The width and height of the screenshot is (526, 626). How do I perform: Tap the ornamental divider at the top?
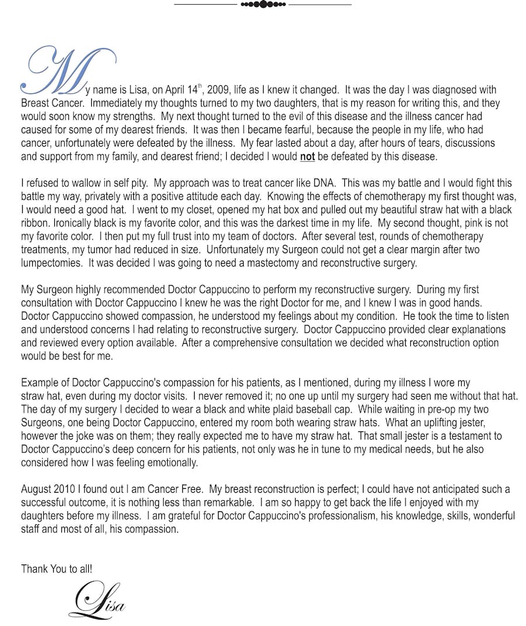pyautogui.click(x=263, y=4)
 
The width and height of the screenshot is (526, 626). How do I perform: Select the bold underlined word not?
pyautogui.click(x=307, y=157)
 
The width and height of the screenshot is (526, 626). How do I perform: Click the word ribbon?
pyautogui.click(x=34, y=223)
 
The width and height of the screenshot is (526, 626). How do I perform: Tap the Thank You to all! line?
pyautogui.click(x=56, y=568)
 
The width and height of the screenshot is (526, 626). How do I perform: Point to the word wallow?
pyautogui.click(x=94, y=183)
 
